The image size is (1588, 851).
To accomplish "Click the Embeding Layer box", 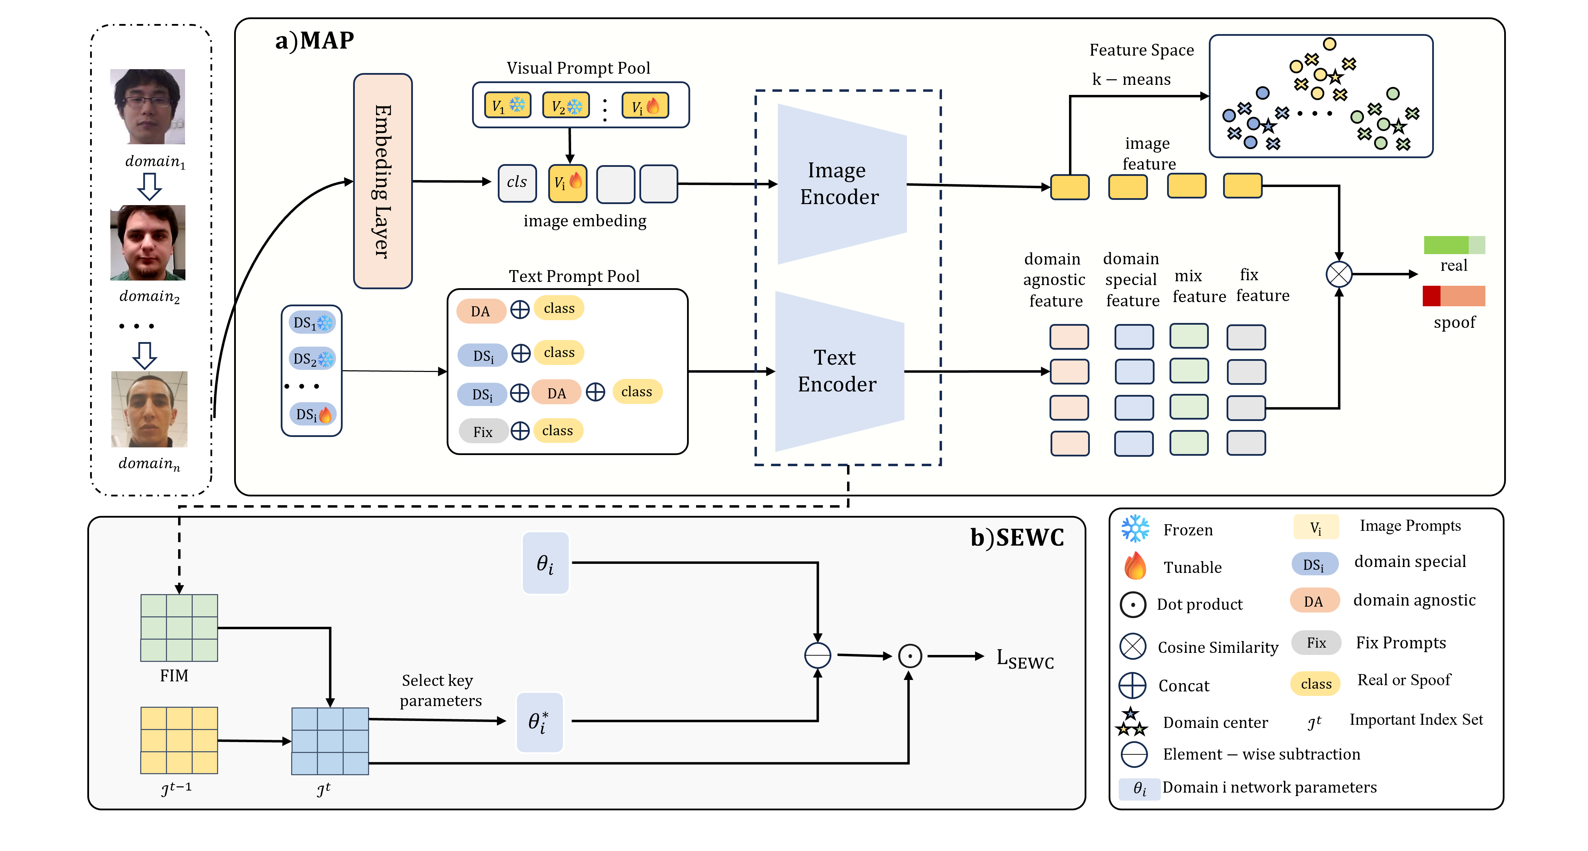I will pos(383,181).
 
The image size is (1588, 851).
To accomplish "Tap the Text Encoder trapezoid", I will pos(838,371).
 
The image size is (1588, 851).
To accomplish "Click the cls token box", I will pos(517,183).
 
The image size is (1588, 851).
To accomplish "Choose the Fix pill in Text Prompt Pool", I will pos(483,431).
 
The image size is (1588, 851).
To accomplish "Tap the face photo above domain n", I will pos(149,409).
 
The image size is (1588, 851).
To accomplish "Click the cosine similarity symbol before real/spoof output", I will pos(1339,274).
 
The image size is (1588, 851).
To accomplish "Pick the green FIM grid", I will pos(179,628).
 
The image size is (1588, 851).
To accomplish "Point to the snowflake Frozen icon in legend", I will pos(1135,529).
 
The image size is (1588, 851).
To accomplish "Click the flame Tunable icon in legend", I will pos(1135,566).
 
